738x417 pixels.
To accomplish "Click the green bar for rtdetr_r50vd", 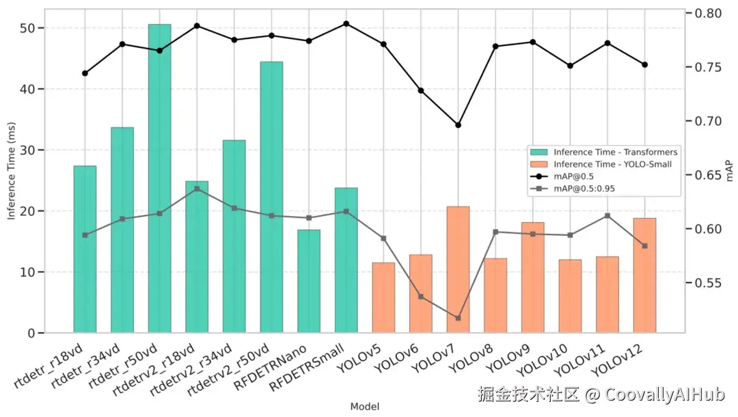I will [x=159, y=178].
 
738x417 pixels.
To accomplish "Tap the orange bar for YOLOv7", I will [x=458, y=269].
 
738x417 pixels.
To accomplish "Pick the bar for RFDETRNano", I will [x=308, y=281].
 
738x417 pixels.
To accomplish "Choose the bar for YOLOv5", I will [x=383, y=297].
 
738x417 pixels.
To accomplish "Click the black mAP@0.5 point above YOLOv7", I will [x=458, y=125].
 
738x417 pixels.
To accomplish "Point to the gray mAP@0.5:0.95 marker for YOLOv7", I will [x=458, y=318].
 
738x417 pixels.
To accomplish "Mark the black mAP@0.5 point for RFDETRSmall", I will [x=346, y=24].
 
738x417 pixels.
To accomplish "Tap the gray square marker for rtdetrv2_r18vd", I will [x=197, y=189].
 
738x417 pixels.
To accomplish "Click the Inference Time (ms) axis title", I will [x=12, y=170].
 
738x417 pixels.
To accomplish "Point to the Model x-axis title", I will [x=364, y=407].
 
